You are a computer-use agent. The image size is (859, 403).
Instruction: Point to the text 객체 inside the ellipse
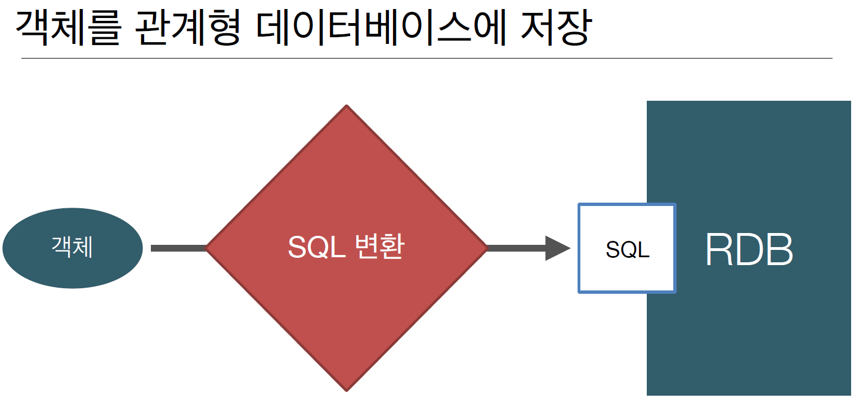coord(73,248)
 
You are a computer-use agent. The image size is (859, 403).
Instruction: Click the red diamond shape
coord(346,315)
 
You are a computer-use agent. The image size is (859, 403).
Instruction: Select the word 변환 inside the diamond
coord(380,248)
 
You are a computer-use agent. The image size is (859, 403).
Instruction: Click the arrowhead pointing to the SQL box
coord(557,248)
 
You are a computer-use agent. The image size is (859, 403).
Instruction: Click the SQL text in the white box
coord(627,249)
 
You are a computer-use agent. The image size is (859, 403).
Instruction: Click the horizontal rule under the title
coord(426,58)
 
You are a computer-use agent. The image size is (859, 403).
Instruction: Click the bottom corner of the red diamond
coord(346,388)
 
